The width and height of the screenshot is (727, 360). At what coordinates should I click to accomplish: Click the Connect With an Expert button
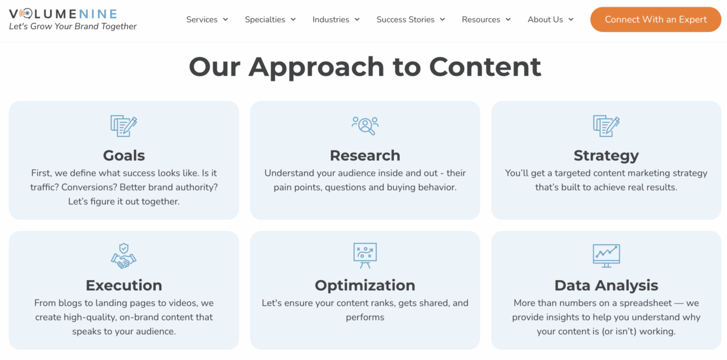tap(656, 19)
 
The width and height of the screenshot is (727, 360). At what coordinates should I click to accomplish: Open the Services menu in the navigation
tap(207, 19)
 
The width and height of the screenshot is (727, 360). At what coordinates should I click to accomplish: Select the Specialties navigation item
tap(270, 19)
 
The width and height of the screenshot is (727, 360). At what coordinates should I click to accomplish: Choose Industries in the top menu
tap(336, 19)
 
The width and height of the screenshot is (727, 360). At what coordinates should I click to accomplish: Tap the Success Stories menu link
tap(410, 19)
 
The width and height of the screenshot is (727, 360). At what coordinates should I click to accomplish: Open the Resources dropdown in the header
tap(486, 19)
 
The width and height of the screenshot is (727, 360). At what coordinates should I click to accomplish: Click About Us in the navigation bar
tap(550, 19)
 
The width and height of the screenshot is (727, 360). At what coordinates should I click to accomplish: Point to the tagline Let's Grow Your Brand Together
tap(73, 27)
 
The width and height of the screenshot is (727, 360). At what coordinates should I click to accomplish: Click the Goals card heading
tap(124, 156)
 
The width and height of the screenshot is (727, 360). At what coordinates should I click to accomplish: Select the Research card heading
tap(365, 156)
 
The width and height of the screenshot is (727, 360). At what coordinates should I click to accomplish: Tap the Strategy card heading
tap(606, 156)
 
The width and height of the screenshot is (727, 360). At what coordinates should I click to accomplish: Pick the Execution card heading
tap(124, 285)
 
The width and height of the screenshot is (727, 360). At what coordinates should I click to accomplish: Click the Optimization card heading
tap(365, 285)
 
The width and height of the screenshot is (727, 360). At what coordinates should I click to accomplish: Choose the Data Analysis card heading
tap(606, 285)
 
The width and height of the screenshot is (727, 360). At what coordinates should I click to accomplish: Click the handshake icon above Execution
tap(124, 256)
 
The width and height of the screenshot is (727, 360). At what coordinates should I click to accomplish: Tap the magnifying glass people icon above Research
tap(365, 125)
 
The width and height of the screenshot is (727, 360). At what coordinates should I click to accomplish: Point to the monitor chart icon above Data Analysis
tap(606, 256)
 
